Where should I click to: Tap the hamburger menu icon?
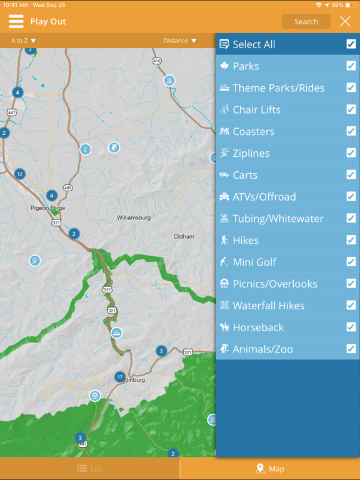16,22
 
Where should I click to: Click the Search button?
306,22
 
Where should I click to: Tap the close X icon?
345,22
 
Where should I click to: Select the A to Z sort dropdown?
24,41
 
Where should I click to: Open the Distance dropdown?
180,41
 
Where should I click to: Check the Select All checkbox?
351,44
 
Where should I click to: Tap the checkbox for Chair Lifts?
351,109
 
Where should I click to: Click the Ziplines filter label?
251,153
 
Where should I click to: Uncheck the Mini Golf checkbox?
351,262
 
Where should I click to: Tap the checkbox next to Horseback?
351,327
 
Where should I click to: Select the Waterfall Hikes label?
269,306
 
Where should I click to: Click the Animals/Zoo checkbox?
351,349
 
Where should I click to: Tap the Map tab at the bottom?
270,469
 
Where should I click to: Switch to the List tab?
90,469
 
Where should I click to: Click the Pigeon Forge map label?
47,208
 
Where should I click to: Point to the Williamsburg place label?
134,218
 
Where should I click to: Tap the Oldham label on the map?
184,236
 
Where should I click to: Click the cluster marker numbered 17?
120,377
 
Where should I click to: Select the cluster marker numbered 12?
20,174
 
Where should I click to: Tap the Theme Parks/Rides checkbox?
351,87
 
